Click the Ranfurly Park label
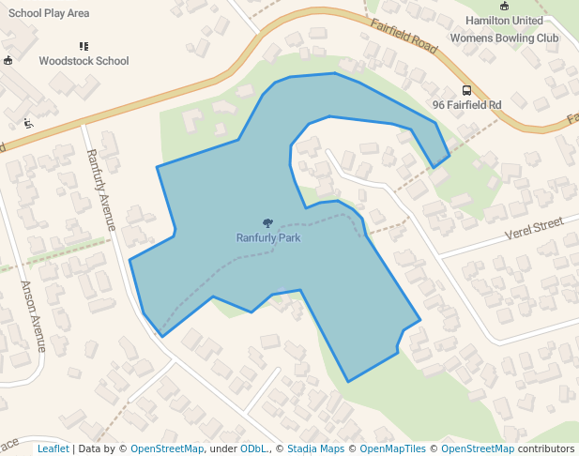pos(268,237)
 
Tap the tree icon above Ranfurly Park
pos(268,223)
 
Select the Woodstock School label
pos(84,61)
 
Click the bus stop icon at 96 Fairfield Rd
pos(466,91)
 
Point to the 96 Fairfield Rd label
pos(466,105)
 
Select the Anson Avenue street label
pos(34,316)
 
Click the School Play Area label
pos(49,13)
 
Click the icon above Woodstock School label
pos(84,45)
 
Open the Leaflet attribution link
pos(53,448)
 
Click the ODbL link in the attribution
pos(253,448)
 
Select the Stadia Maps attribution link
pos(315,448)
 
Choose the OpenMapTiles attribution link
pos(392,448)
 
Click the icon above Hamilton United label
pos(504,6)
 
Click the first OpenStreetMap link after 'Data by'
pos(166,448)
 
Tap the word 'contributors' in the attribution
pos(545,448)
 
